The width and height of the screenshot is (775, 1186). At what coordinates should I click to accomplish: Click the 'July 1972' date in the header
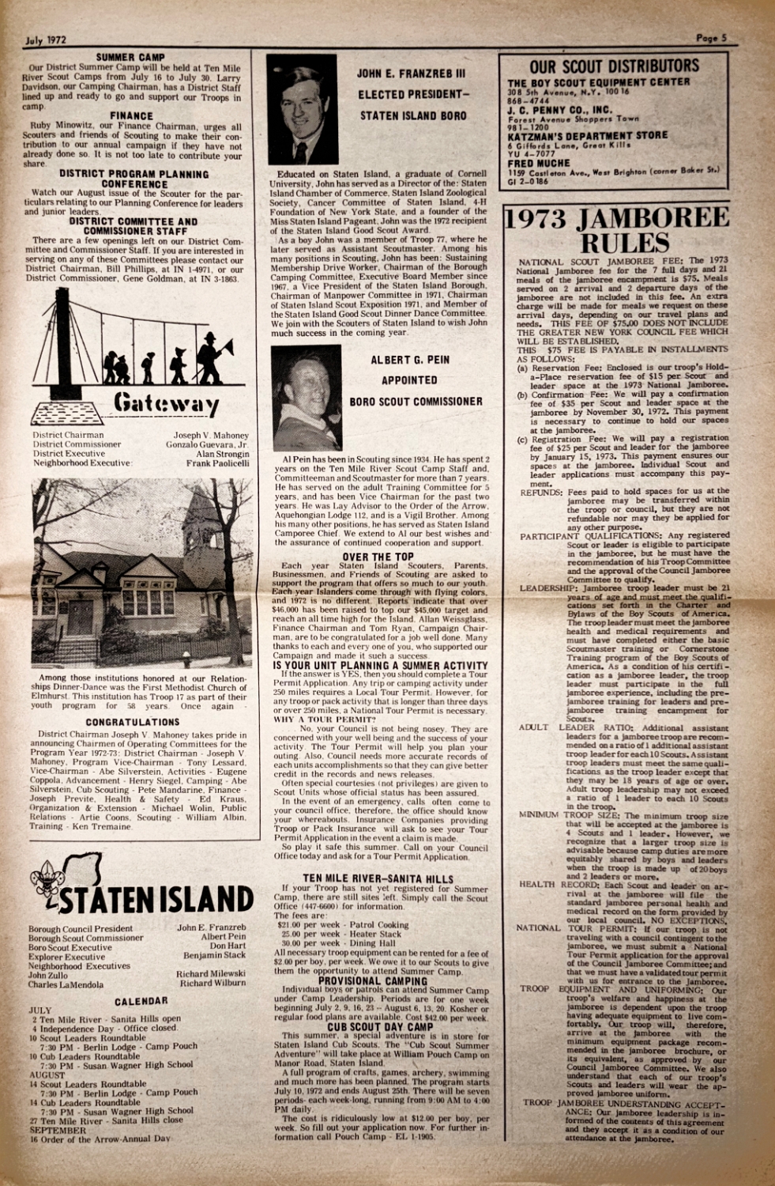coord(45,39)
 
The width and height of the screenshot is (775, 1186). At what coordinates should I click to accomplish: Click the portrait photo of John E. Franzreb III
coord(302,109)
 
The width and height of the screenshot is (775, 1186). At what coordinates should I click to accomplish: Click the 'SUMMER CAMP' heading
coord(130,58)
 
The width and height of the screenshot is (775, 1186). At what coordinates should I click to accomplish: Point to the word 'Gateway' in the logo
coord(166,403)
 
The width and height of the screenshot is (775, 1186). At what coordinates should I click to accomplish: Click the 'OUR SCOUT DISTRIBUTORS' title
coord(614,66)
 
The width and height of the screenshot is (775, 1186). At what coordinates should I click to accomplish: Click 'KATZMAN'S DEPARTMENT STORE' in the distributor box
coord(587,135)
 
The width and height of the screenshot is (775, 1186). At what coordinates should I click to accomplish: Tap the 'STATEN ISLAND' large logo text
coord(153,900)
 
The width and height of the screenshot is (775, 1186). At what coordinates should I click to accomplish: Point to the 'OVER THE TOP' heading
coord(378,557)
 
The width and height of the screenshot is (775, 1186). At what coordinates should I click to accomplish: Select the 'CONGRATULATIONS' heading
coord(133,722)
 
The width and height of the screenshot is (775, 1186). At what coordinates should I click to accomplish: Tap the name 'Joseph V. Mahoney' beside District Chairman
coord(211,436)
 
